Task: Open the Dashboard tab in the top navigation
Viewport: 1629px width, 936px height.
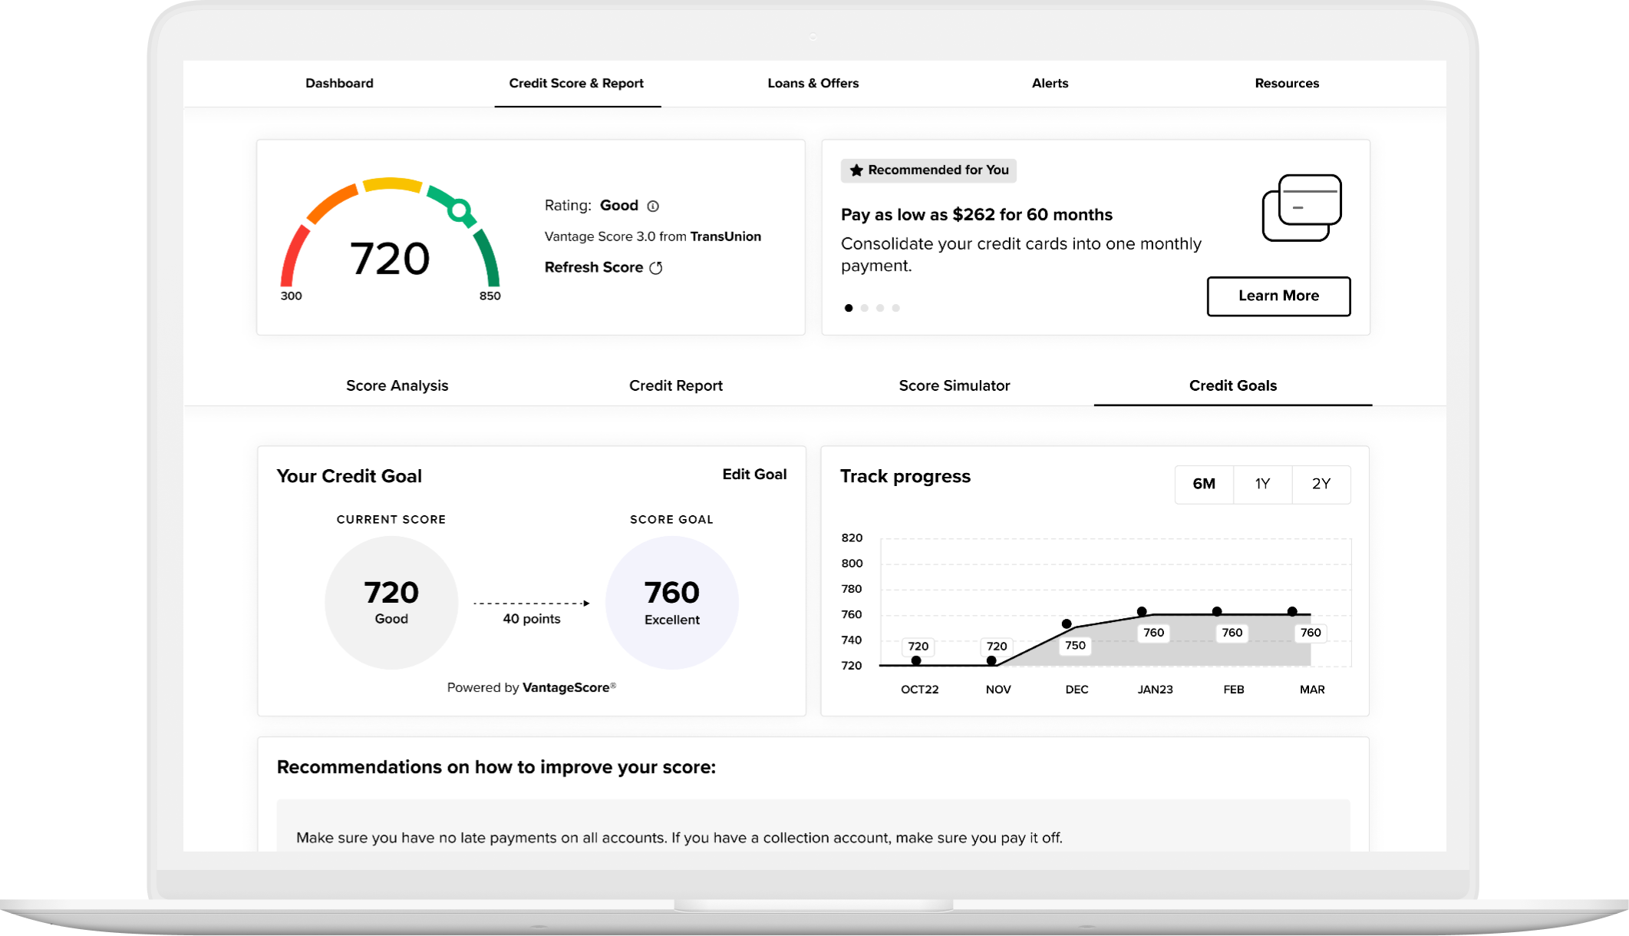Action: [339, 83]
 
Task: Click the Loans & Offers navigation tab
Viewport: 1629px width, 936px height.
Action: [813, 83]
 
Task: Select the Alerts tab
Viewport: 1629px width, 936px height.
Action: [1050, 83]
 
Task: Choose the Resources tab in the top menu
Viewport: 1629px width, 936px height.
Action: [1287, 83]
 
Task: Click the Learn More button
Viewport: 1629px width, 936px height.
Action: [1278, 296]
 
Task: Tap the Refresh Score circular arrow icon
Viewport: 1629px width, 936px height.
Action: [656, 267]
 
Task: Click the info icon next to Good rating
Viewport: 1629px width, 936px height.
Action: [653, 206]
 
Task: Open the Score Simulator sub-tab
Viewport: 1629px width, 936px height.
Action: [954, 385]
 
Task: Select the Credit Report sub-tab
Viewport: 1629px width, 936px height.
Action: [675, 385]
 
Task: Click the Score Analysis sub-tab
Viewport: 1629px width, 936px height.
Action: [397, 385]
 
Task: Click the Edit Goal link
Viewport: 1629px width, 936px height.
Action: [754, 475]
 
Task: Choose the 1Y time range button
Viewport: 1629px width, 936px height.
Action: [1262, 484]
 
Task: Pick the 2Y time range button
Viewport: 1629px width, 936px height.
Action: [1321, 484]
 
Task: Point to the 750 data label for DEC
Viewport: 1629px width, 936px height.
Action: [1075, 645]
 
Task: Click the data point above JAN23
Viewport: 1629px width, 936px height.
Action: [1142, 612]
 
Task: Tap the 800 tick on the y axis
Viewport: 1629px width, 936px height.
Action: [852, 563]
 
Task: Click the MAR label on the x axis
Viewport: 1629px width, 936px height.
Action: [1311, 690]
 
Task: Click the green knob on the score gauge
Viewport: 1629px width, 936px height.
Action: [460, 210]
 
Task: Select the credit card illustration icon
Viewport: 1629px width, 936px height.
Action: [1301, 208]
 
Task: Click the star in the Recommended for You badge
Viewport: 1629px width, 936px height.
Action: [856, 170]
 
